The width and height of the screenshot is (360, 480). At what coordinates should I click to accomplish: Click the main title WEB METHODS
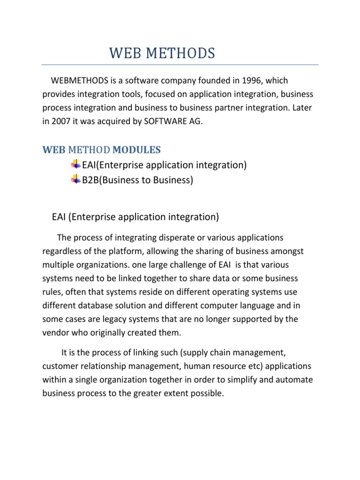pyautogui.click(x=162, y=54)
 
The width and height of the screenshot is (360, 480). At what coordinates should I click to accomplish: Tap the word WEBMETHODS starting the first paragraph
pyautogui.click(x=78, y=81)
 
